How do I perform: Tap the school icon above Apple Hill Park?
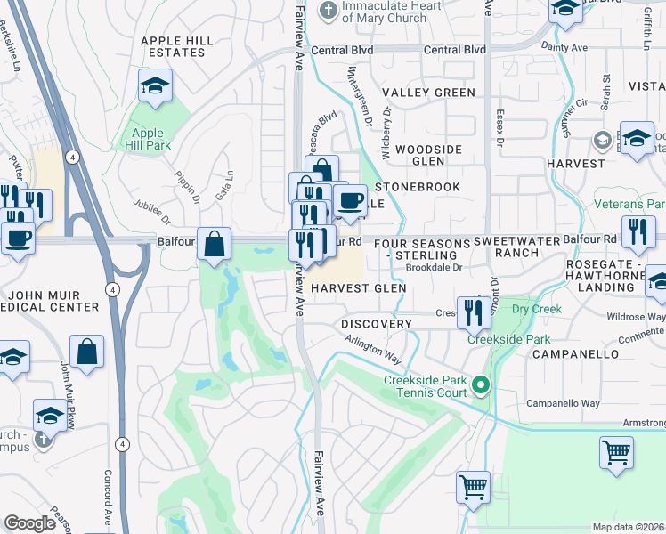(155, 85)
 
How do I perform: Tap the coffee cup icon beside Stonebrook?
(351, 199)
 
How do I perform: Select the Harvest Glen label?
(358, 288)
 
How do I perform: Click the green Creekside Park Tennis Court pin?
(481, 385)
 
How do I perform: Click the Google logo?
(30, 523)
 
